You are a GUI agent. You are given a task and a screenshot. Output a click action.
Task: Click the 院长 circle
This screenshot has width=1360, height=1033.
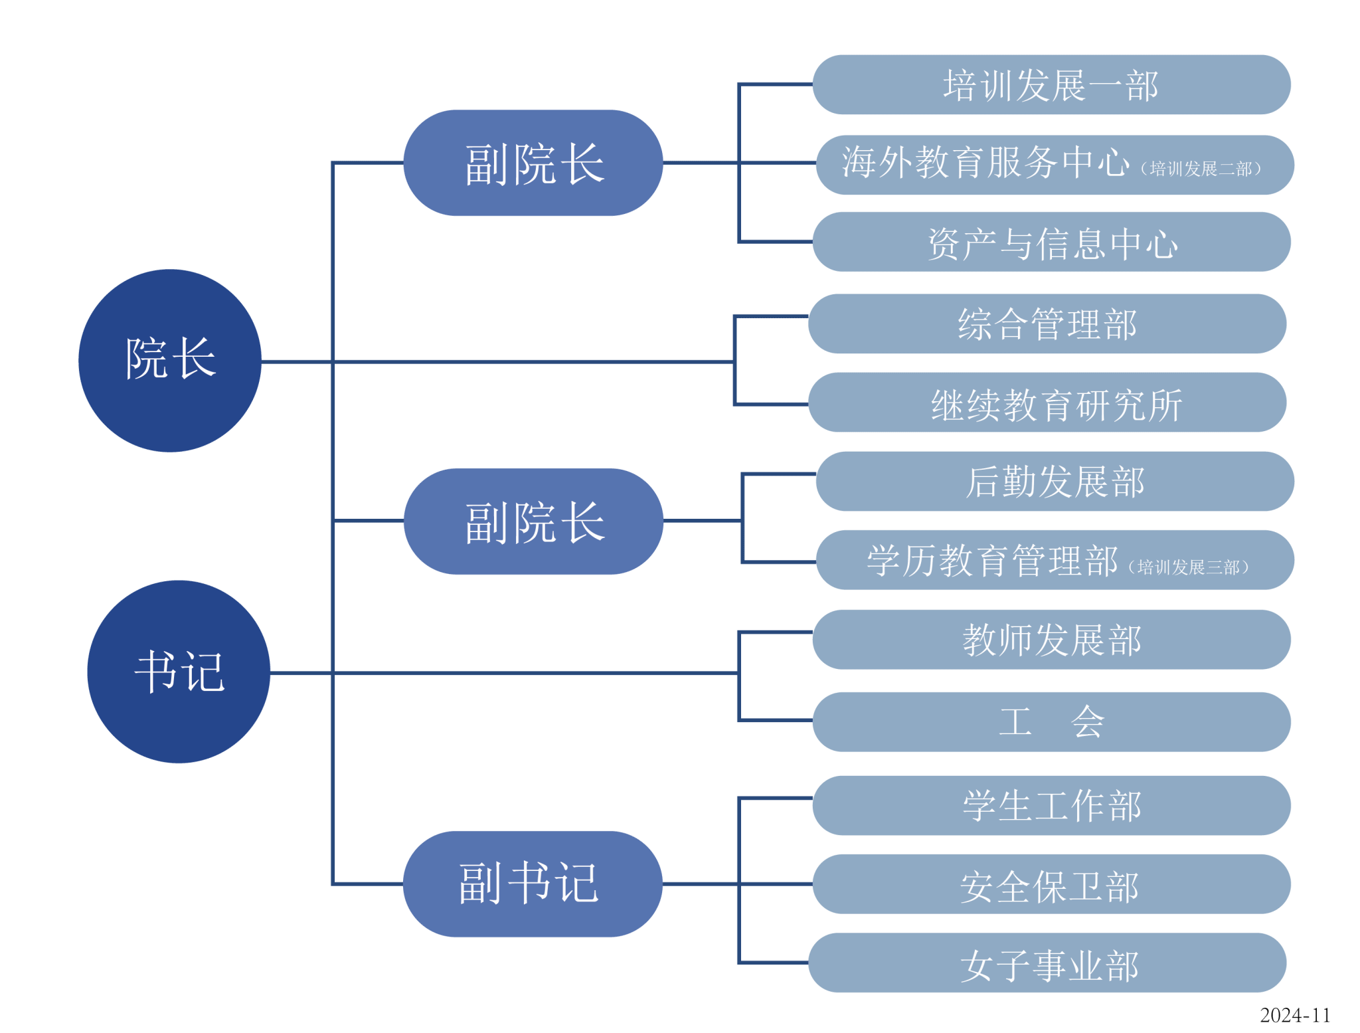(x=170, y=360)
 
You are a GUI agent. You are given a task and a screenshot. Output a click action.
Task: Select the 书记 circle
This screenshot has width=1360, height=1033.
(x=179, y=672)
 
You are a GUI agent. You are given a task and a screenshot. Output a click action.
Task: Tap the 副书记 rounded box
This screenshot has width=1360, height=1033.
(x=533, y=884)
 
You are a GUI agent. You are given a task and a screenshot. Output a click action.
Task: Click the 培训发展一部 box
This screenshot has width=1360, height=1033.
(x=1051, y=85)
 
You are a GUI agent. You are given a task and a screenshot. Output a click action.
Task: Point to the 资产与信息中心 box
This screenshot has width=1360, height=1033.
(x=1051, y=242)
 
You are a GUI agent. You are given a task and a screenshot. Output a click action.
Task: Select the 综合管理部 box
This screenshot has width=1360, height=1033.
(x=1047, y=324)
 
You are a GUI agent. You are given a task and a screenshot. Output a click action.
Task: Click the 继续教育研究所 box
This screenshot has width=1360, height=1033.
(x=1047, y=403)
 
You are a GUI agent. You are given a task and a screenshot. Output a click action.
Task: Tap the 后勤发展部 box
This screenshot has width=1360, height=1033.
(x=1055, y=482)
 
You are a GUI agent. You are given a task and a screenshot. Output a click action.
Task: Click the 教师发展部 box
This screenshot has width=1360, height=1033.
(x=1051, y=639)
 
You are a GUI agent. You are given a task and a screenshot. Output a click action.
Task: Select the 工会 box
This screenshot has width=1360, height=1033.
(x=1051, y=722)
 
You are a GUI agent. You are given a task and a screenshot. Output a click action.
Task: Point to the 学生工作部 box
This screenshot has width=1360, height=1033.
(x=1051, y=805)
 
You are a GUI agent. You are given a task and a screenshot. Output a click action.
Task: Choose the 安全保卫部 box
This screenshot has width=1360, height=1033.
(x=1051, y=884)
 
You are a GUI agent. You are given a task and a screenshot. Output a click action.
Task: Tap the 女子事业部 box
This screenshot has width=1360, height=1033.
(x=1047, y=963)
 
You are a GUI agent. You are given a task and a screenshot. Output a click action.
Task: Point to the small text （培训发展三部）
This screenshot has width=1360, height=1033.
(x=1189, y=567)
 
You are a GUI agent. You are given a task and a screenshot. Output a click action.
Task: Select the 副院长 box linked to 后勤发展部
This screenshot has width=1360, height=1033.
(x=533, y=521)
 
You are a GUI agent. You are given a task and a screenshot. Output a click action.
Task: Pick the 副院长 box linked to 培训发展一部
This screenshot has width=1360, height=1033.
(x=533, y=163)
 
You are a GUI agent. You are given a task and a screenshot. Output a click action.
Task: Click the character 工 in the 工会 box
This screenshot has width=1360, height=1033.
(x=1015, y=722)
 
